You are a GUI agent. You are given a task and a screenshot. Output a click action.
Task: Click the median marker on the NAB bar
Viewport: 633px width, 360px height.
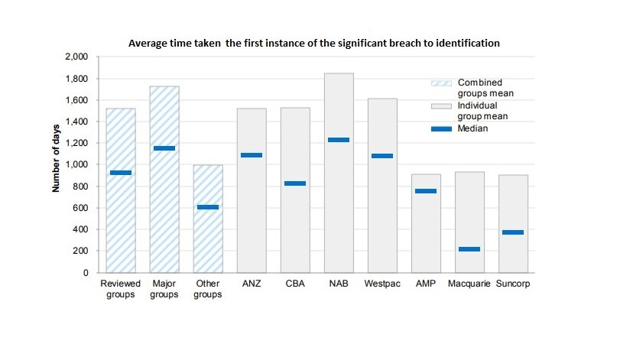338,140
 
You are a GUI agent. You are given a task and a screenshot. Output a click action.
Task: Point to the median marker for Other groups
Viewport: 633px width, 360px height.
207,207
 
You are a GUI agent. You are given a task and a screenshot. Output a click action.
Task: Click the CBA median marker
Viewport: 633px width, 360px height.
294,183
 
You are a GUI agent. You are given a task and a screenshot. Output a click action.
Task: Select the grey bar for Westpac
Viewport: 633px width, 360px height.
381,214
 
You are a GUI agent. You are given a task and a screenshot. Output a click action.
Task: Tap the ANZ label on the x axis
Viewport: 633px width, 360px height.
251,284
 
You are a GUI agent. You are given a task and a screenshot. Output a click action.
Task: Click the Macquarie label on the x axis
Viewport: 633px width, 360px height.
426,284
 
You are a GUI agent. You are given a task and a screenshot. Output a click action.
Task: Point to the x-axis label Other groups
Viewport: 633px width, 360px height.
207,289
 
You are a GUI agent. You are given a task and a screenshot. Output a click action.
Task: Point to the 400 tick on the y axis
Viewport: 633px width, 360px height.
82,229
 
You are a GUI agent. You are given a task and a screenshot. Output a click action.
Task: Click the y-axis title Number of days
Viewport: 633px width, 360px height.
57,164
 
